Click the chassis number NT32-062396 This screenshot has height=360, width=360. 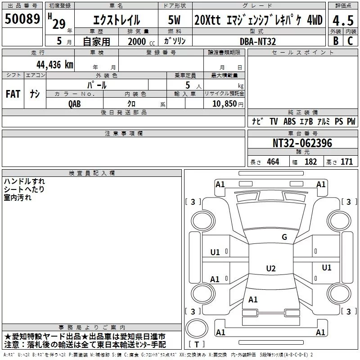click(302, 144)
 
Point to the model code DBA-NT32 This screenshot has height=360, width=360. click(257, 41)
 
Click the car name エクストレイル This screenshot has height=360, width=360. click(116, 20)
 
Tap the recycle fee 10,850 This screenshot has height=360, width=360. click(224, 103)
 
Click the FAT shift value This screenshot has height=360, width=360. click(13, 94)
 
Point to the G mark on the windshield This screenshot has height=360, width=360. click(284, 237)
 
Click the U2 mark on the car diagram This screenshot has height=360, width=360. click(270, 269)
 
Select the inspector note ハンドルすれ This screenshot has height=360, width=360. click(24, 181)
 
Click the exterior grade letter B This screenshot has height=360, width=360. click(335, 41)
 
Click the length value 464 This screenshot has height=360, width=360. click(272, 162)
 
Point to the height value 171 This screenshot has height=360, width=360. click(346, 162)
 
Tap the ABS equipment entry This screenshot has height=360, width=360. click(290, 121)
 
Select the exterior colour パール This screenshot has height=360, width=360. click(97, 85)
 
